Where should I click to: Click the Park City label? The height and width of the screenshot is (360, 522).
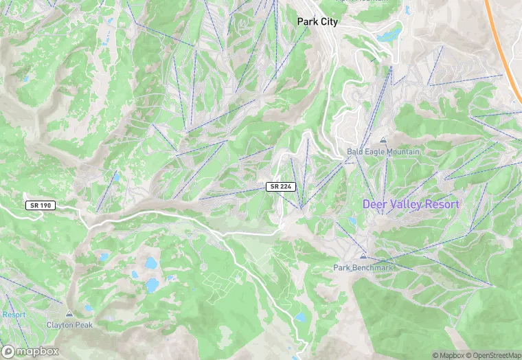pyautogui.click(x=317, y=22)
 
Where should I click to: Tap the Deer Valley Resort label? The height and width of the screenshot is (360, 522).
pyautogui.click(x=411, y=204)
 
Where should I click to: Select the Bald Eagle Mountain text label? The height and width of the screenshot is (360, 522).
pyautogui.click(x=383, y=151)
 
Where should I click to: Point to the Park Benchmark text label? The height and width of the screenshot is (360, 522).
pyautogui.click(x=363, y=267)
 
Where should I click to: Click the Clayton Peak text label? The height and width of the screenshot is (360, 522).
pyautogui.click(x=69, y=324)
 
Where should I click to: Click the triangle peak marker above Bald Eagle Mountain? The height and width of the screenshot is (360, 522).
pyautogui.click(x=383, y=140)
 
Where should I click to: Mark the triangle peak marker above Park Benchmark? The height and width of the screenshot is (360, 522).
pyautogui.click(x=363, y=256)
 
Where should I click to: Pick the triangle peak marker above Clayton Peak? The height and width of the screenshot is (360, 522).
pyautogui.click(x=69, y=313)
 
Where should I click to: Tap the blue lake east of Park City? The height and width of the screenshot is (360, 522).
pyautogui.click(x=389, y=32)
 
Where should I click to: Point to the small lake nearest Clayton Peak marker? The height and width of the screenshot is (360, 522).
pyautogui.click(x=87, y=308)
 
